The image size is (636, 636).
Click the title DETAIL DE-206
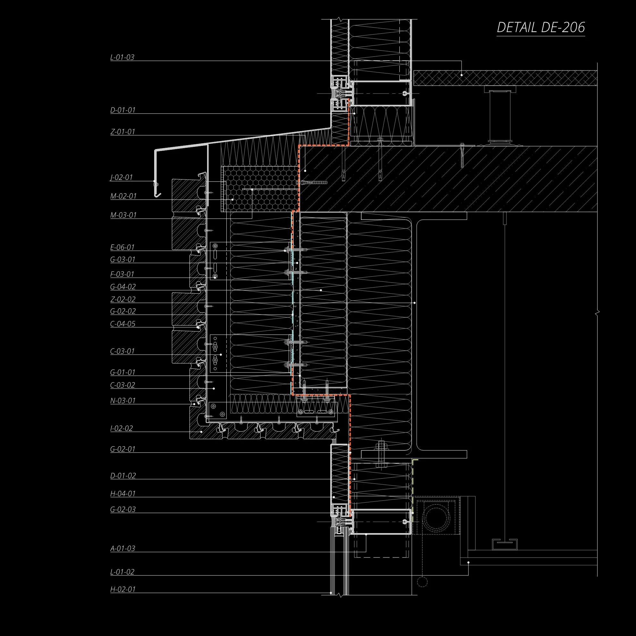pyautogui.click(x=540, y=27)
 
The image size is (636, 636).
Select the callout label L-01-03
pyautogui.click(x=122, y=57)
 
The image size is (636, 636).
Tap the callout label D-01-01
pyautogui.click(x=123, y=110)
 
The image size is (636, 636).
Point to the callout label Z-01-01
pyautogui.click(x=123, y=132)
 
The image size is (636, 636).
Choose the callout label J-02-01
pyautogui.click(x=121, y=178)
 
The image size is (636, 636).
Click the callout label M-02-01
pyautogui.click(x=123, y=196)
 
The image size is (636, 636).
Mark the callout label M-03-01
pyautogui.click(x=123, y=215)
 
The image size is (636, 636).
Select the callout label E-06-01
pyautogui.click(x=122, y=247)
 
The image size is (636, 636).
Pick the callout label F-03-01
pyautogui.click(x=122, y=274)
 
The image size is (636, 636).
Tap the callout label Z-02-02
pyautogui.click(x=123, y=299)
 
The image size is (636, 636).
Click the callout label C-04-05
pyautogui.click(x=123, y=323)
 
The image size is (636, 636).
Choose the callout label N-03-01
pyautogui.click(x=123, y=401)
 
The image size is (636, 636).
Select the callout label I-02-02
pyautogui.click(x=121, y=428)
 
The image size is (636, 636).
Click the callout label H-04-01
pyautogui.click(x=123, y=493)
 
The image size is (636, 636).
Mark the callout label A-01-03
pyautogui.click(x=123, y=548)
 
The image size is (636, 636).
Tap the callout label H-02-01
pyautogui.click(x=123, y=589)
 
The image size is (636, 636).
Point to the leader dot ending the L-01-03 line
pyautogui.click(x=462, y=75)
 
